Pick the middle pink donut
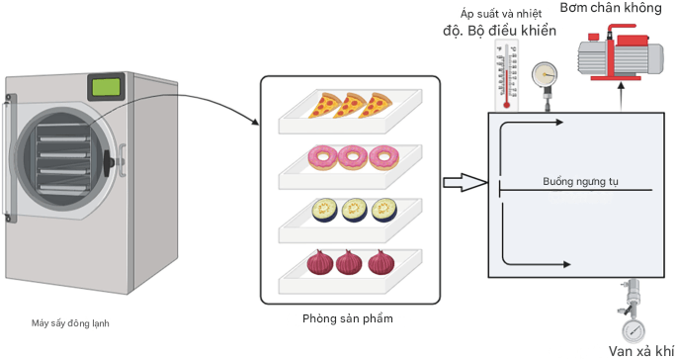(x=352, y=156)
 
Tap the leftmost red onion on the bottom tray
(x=320, y=263)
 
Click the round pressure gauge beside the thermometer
(x=544, y=75)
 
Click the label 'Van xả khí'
(x=640, y=350)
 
